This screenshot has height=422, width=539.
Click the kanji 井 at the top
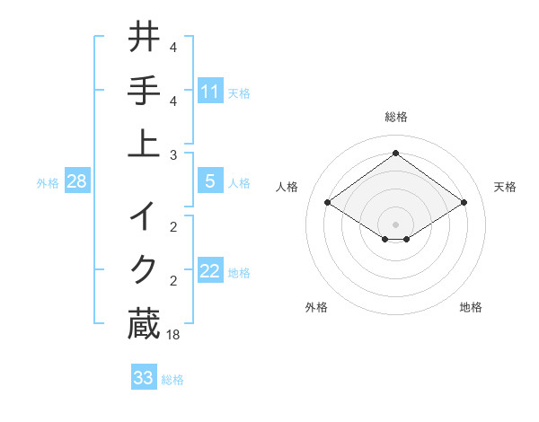point(144,38)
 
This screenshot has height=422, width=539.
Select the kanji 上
point(144,141)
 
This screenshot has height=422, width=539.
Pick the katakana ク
point(144,268)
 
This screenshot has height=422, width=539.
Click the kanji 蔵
point(144,323)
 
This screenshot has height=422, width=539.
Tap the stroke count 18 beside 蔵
point(174,334)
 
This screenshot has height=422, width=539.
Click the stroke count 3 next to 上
point(172,154)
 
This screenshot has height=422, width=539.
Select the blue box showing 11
point(210,91)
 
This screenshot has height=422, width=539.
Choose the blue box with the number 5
point(210,181)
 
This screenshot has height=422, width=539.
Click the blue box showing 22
point(210,271)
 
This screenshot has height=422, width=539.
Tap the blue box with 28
point(77,181)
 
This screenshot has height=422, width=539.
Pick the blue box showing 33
point(144,378)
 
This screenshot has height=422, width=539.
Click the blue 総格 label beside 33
point(172,380)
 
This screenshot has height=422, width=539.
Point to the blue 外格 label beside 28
point(48,183)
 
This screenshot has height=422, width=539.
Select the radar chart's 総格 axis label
point(396,117)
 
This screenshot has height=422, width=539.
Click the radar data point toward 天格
point(464,203)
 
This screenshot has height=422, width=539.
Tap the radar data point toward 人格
point(328,203)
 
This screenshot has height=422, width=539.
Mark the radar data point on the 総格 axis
point(396,153)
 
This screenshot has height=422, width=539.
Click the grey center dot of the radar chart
point(396,224)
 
